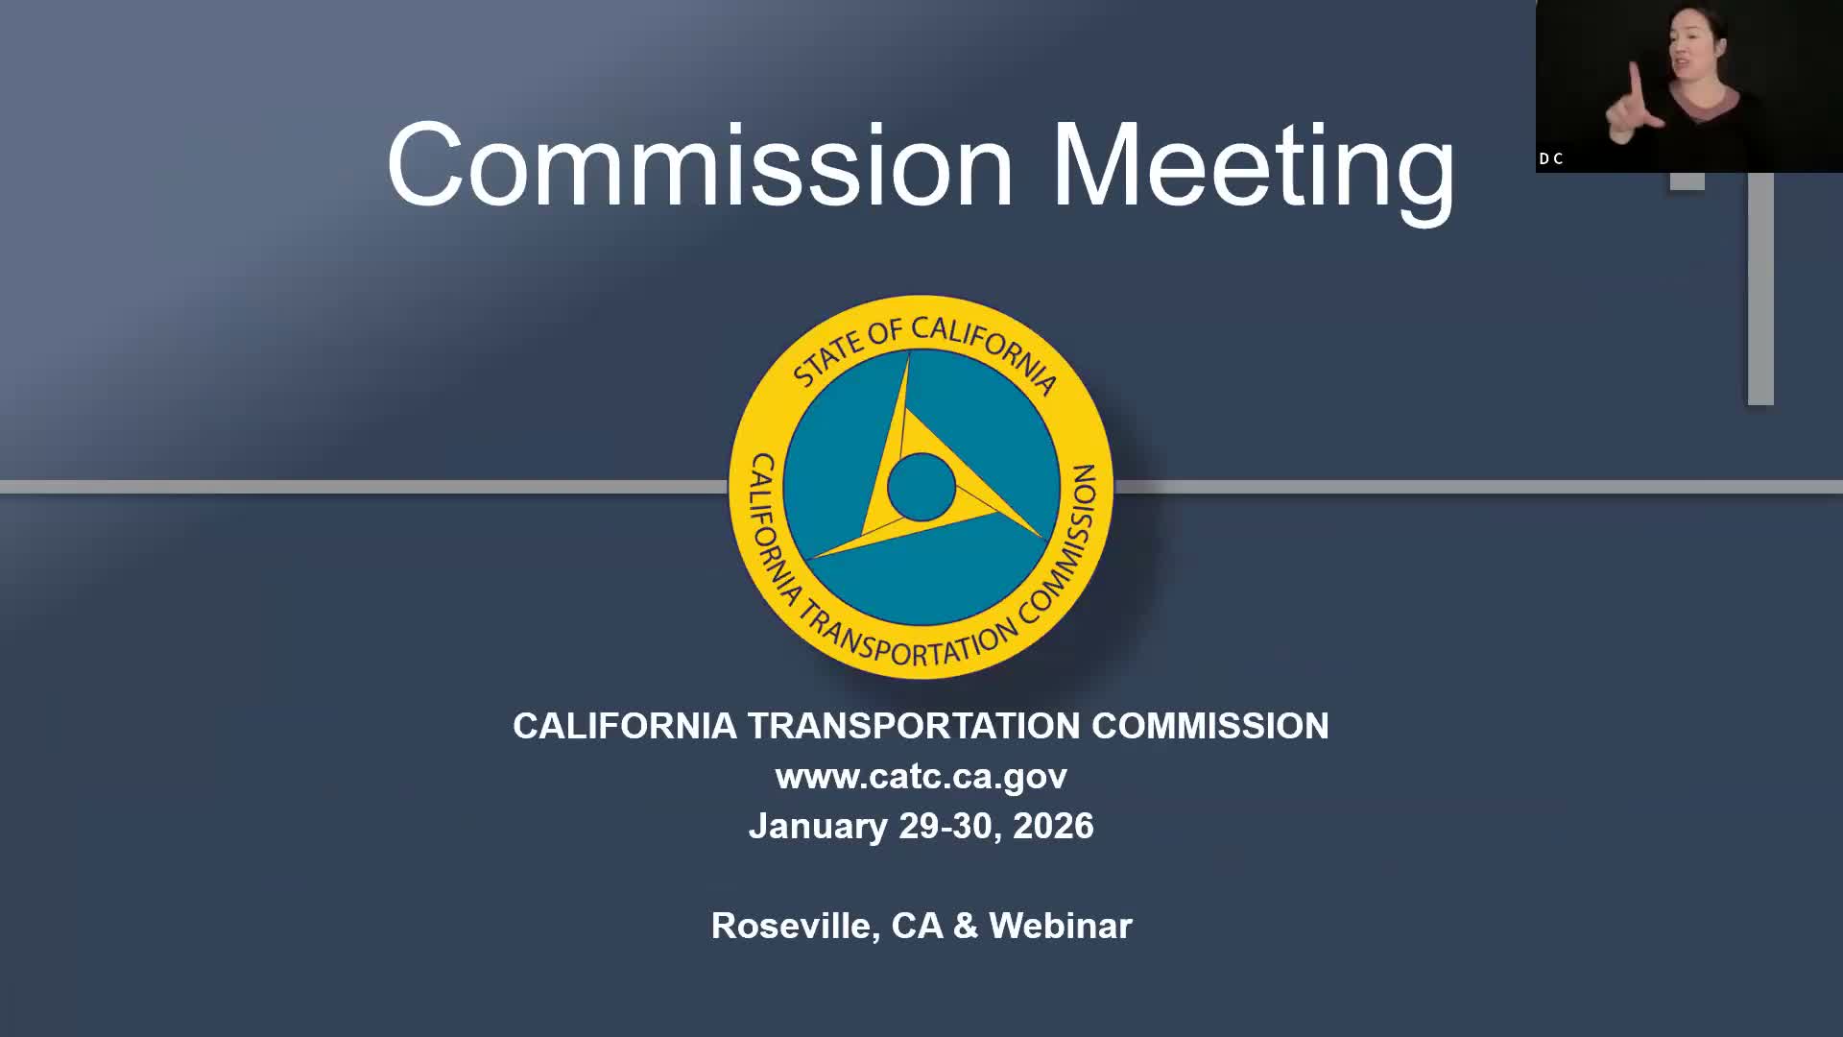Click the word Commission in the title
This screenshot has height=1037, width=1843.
700,165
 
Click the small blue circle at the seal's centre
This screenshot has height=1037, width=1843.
921,487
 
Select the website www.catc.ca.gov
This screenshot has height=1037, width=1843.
921,776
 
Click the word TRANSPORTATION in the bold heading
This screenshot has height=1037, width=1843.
914,726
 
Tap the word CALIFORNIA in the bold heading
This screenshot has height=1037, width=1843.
624,726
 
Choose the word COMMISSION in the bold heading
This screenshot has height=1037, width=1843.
1209,726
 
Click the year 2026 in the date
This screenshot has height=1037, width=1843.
1053,827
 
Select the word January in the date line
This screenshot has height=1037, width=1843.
818,827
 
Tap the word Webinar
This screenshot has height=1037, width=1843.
1061,926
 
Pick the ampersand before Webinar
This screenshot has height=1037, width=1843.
966,926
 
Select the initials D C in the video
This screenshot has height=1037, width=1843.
1551,159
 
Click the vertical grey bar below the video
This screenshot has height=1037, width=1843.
1760,288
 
